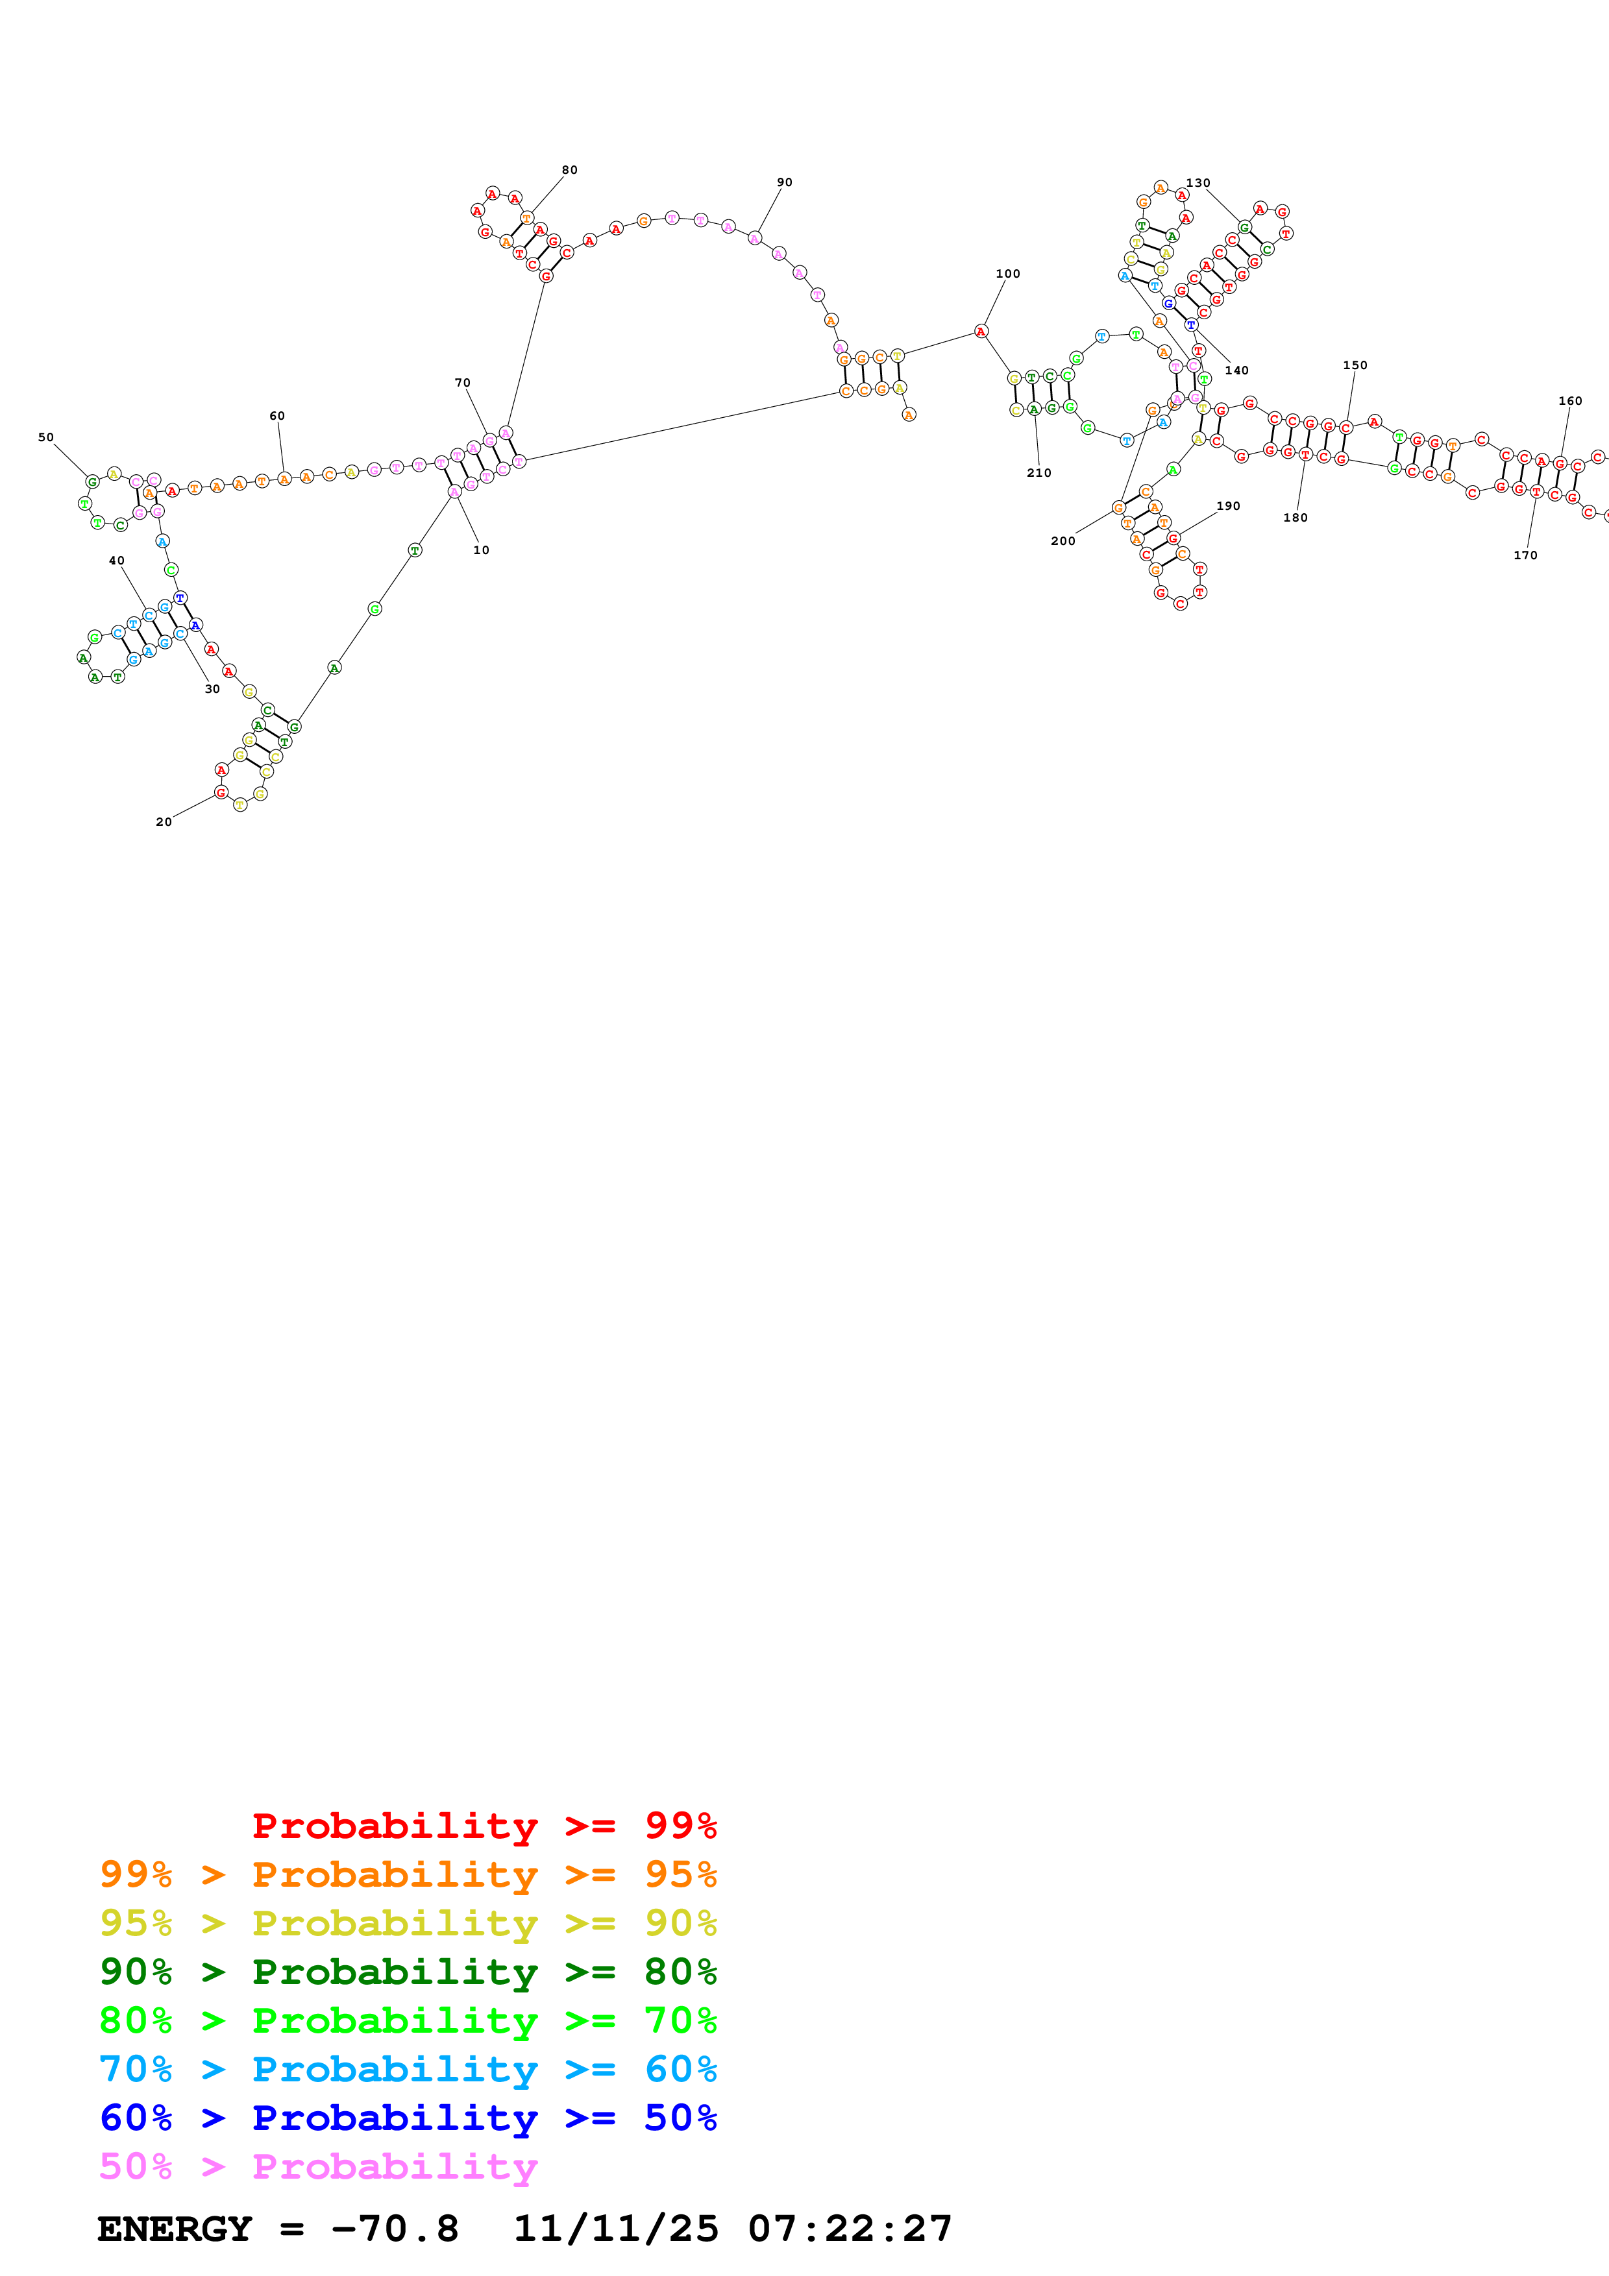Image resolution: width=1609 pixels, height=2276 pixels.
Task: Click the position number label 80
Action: click(569, 169)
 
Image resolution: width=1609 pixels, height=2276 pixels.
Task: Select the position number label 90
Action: click(784, 182)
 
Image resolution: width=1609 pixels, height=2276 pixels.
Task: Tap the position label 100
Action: click(1007, 274)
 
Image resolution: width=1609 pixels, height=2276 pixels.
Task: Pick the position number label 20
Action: click(164, 822)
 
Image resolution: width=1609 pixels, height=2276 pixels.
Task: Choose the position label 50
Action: click(45, 437)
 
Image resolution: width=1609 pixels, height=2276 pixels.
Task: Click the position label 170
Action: click(1525, 555)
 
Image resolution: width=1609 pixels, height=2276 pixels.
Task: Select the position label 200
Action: click(1062, 541)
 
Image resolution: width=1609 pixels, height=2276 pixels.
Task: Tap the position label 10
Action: click(481, 550)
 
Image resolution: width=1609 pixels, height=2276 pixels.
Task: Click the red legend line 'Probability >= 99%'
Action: click(484, 1826)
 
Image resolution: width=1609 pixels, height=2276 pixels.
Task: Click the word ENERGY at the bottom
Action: click(175, 2229)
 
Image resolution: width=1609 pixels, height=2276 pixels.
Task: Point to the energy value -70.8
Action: click(395, 2229)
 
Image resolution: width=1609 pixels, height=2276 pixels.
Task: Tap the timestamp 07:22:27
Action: click(850, 2229)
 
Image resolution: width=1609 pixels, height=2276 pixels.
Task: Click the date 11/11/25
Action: click(615, 2229)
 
